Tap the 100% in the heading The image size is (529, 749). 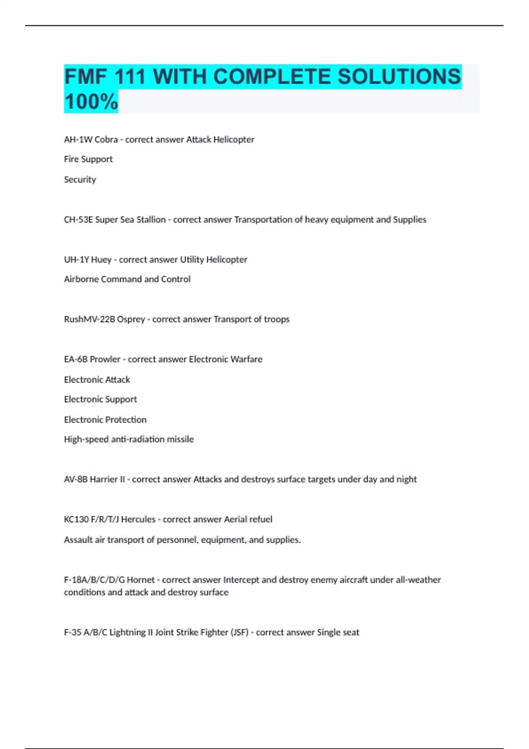pos(91,102)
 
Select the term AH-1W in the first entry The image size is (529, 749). pos(78,140)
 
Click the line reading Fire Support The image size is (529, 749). pos(88,159)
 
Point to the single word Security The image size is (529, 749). pos(80,179)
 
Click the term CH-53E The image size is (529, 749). pos(78,219)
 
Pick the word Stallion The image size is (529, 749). pos(151,219)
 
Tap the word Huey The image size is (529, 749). pos(101,260)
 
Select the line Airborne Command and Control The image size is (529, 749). pos(127,279)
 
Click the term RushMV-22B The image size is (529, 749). pos(89,319)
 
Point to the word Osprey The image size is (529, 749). pos(130,319)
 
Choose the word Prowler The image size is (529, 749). pos(105,359)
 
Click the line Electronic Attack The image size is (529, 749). pos(97,379)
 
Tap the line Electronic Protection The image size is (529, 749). pos(105,419)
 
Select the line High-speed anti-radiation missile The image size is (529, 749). pos(129,439)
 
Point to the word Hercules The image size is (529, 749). pos(138,519)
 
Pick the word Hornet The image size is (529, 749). pos(141,580)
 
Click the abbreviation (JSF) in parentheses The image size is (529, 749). pos(240,632)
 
